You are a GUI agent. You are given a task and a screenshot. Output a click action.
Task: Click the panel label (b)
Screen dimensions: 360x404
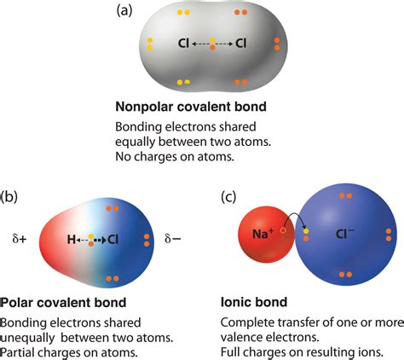point(9,196)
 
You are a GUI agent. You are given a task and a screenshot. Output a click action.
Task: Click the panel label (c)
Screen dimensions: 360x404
point(230,196)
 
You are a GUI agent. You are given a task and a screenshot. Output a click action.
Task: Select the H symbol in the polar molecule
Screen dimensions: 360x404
point(72,241)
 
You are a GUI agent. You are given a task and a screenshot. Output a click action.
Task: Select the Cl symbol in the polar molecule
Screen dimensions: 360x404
point(113,241)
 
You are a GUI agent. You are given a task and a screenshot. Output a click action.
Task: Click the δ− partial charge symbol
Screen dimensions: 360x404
point(173,241)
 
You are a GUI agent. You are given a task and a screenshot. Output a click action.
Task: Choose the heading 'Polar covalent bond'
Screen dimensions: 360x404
point(63,303)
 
